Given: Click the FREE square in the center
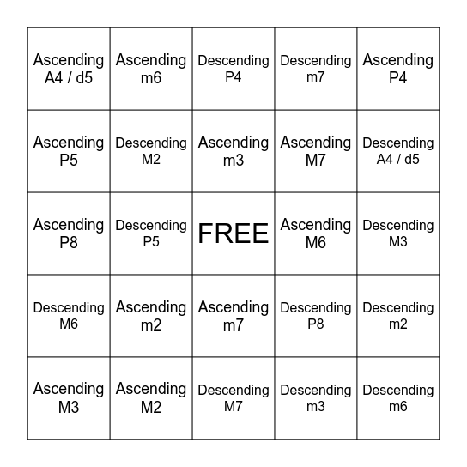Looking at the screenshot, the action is [233, 233].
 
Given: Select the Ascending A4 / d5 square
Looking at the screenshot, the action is [69, 69].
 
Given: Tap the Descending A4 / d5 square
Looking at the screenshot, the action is [398, 151].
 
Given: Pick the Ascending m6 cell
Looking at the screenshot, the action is [151, 69].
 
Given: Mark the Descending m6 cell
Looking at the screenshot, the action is [398, 398].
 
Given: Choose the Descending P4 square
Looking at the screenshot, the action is [233, 69].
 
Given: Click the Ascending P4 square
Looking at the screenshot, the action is [398, 69].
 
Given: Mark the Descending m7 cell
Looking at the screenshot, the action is [316, 69].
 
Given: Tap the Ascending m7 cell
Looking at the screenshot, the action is [233, 316].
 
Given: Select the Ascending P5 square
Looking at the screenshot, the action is [69, 151].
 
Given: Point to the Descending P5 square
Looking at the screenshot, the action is [151, 233].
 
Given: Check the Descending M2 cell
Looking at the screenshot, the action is [151, 151].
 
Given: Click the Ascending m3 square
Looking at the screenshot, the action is [233, 151].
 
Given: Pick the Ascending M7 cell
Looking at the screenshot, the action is [316, 151].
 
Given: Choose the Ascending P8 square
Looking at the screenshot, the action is [69, 233].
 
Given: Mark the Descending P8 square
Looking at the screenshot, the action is [316, 316].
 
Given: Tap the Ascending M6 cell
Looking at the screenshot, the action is [316, 233].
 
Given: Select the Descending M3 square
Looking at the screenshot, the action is [398, 233].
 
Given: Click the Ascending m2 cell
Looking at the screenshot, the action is [151, 316].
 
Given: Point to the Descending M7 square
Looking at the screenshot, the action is [233, 398].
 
